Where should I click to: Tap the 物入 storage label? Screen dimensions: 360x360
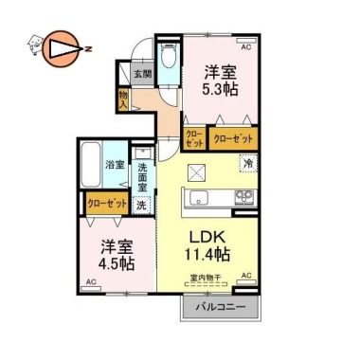coord(123,98)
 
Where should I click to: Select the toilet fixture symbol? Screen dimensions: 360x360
coord(167,59)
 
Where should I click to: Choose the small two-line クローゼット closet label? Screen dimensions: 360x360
coord(193,137)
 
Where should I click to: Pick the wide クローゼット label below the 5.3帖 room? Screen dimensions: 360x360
coord(232,138)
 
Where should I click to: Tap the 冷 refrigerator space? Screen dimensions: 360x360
coord(247,162)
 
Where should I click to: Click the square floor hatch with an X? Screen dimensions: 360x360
coord(196,171)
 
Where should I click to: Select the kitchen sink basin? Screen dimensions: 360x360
coord(202,198)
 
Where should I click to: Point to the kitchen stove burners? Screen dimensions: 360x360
coord(244,197)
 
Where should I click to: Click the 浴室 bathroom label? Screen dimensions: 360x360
coord(113,164)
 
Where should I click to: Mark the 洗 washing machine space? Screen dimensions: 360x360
coord(140,204)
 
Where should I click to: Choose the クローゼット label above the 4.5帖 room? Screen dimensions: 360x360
coord(105,203)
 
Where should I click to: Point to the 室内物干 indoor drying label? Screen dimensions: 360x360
coord(205,277)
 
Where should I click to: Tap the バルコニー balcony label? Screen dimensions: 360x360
coord(221,308)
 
